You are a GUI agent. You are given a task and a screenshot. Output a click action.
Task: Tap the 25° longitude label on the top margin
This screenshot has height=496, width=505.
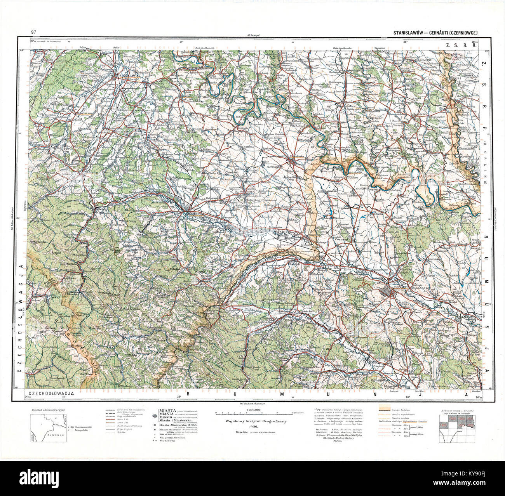click(181, 41)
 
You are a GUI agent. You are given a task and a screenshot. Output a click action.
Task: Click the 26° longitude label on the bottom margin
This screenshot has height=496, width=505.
click(408, 397)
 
